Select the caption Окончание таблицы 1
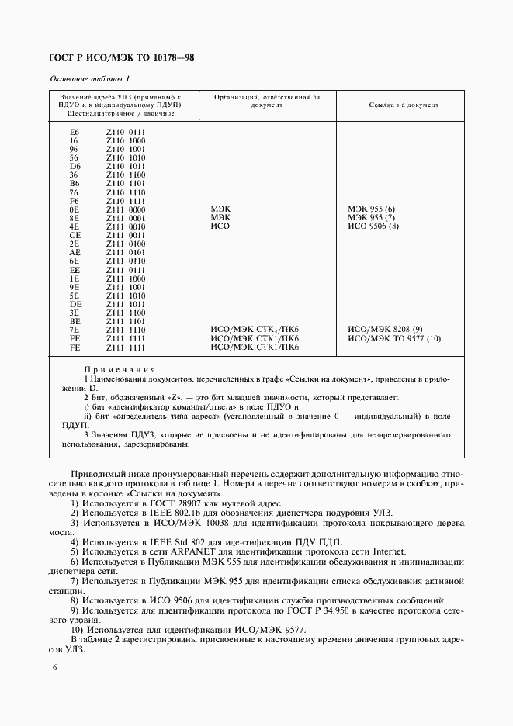tap(90, 78)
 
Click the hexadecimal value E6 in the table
tap(75, 132)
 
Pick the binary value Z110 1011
tap(126, 166)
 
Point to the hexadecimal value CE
tap(75, 235)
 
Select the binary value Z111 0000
tap(126, 209)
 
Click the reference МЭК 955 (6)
tap(373, 209)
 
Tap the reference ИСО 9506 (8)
tap(373, 226)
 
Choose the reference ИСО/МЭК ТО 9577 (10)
tap(394, 338)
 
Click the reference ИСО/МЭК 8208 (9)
tap(386, 330)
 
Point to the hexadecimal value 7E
tap(75, 330)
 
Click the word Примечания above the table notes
tap(120, 370)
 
